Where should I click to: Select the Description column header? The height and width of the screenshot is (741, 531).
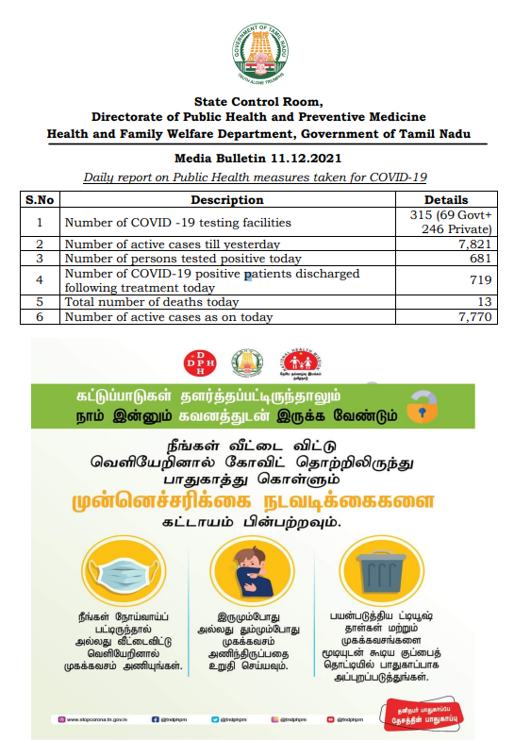(x=226, y=200)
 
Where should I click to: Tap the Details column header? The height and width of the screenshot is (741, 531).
(x=445, y=200)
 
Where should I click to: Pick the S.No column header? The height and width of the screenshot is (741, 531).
(x=40, y=200)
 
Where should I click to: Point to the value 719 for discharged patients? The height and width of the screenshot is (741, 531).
(x=480, y=280)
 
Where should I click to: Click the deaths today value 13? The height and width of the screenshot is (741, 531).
(x=485, y=302)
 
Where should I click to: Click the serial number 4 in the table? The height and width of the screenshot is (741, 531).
(x=40, y=280)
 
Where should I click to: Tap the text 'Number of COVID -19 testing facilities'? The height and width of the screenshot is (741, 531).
(x=177, y=223)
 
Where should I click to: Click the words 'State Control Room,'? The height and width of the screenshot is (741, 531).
(x=257, y=101)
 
